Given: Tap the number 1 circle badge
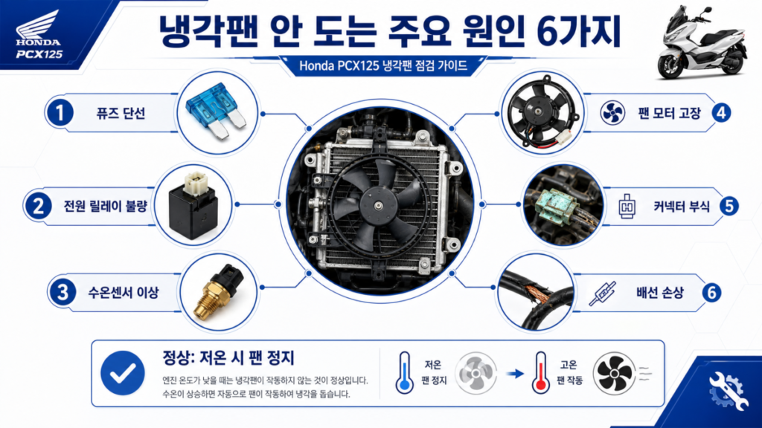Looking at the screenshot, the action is point(60,113).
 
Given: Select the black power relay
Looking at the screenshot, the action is point(193,205).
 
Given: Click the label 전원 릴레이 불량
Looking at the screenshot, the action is point(106,207).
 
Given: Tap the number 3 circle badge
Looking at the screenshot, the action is point(63,293).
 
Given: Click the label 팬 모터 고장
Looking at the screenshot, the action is point(669,113).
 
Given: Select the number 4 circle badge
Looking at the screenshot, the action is point(721,113).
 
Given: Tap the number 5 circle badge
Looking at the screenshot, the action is point(729,207).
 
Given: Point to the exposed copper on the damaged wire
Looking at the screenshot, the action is point(540,294).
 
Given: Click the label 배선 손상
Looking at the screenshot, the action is point(660,293).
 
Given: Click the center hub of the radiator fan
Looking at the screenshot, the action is point(379,206).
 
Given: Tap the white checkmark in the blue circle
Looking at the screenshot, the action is point(123,373).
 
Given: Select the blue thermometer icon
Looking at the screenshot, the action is point(404,373).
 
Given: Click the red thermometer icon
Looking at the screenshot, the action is point(540,373).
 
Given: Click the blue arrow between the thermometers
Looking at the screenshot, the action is point(515,374).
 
